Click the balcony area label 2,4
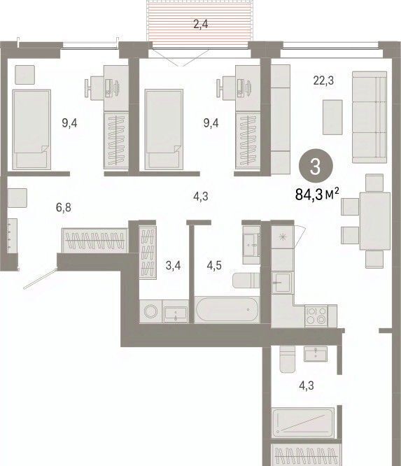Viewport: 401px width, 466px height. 201,24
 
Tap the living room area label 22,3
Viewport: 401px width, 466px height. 323,80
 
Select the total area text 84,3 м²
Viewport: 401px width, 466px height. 317,195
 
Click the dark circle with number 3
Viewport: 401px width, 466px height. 315,166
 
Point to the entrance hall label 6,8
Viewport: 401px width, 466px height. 64,207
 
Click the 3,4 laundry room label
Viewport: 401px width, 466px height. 174,265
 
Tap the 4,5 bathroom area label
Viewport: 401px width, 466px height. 214,265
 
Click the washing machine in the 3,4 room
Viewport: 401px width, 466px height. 150,311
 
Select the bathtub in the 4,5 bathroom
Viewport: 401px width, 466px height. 227,309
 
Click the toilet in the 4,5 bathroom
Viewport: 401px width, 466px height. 246,281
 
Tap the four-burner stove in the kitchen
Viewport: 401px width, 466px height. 316,316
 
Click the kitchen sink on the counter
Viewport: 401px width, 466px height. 282,283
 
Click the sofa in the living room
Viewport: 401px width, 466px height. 370,117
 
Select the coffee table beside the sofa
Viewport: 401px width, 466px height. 332,117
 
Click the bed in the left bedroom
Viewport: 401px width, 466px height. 31,129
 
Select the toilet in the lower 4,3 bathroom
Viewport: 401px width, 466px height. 288,359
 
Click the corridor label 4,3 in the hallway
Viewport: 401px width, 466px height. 201,197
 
